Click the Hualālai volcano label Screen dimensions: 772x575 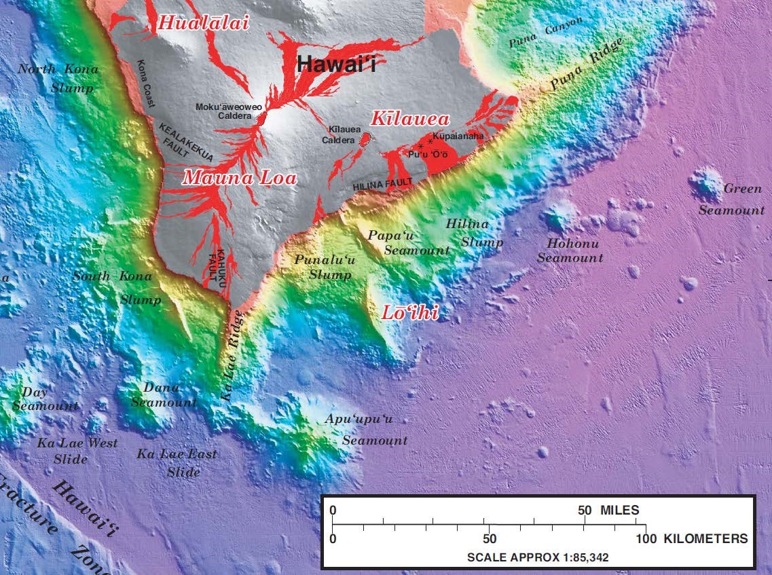coord(203,23)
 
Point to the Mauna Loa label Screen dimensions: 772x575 coord(240,178)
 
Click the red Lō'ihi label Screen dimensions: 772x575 coord(409,312)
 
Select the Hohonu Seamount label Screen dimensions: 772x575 coord(570,251)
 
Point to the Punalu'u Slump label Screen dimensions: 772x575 coord(323,267)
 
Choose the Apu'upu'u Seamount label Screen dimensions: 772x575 coord(366,429)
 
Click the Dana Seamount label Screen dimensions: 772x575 coord(163,394)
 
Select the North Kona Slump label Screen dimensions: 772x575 coord(58,78)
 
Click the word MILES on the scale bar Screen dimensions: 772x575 coord(619,510)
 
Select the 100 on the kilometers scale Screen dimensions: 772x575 coord(646,539)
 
